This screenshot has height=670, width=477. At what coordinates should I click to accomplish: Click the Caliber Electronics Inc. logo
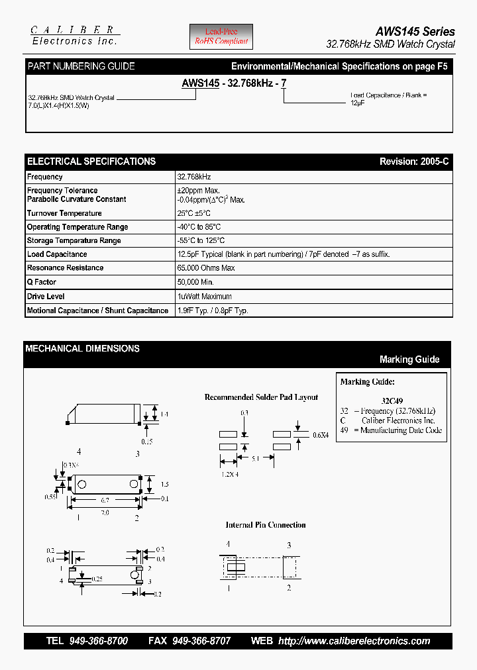pos(75,36)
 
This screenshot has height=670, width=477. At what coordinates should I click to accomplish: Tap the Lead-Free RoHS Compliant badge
pos(221,36)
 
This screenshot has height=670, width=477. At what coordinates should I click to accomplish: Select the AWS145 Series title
pos(415,31)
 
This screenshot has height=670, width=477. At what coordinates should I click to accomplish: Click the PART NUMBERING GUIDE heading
pos(81,66)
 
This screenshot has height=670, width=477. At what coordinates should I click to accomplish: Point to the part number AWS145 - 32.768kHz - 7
pos(234,83)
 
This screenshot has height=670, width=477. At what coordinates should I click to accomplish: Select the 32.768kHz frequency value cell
pos(194,177)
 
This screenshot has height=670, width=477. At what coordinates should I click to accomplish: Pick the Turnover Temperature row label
pos(64,213)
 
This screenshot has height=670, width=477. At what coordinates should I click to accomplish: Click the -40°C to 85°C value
pos(199,227)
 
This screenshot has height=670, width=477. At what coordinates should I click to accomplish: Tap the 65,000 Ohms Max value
pos(205,268)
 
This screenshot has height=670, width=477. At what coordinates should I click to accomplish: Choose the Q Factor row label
pos(42,282)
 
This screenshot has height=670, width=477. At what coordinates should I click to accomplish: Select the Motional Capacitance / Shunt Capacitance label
pos(97,311)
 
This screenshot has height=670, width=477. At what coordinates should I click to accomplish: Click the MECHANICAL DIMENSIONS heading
pos(82,348)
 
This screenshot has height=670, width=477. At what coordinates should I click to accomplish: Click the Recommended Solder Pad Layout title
pos(261,397)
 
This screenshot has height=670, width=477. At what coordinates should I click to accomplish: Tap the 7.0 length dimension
pos(105,513)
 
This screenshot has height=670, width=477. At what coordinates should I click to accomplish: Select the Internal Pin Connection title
pos(265,525)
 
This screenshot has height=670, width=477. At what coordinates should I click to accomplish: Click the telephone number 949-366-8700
pos(98,641)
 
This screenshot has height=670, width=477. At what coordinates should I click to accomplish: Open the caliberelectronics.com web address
pos(354,641)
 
